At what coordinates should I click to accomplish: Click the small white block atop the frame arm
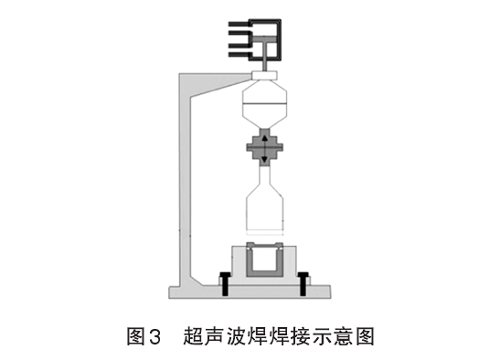pos(264,74)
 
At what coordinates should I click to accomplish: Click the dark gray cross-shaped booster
pos(265,146)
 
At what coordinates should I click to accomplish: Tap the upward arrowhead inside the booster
pos(265,138)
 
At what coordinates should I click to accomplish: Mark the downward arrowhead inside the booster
pos(265,158)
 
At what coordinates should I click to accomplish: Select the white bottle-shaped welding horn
pos(264,201)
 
